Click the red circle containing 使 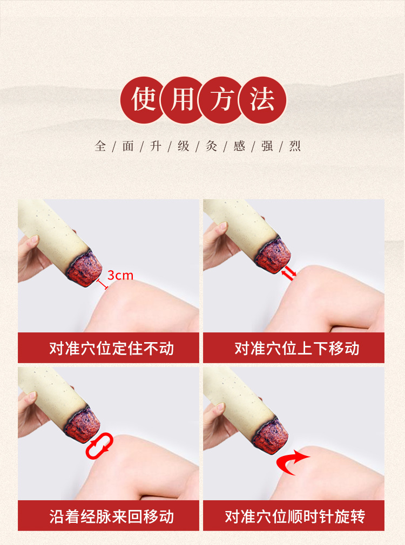coord(143,100)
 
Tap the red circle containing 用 coord(183,100)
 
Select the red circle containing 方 coord(222,100)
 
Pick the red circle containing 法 coord(262,100)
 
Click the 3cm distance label coord(120,275)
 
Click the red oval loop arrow coord(99,446)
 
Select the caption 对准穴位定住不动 coord(111,348)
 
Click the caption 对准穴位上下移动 coord(297,348)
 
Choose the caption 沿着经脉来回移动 coord(111,516)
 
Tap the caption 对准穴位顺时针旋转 coord(295,516)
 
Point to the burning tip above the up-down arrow coord(273,255)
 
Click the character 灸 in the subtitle coord(211,146)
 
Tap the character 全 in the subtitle coord(100,146)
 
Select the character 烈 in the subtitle coord(295,146)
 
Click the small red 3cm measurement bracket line coord(102,284)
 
